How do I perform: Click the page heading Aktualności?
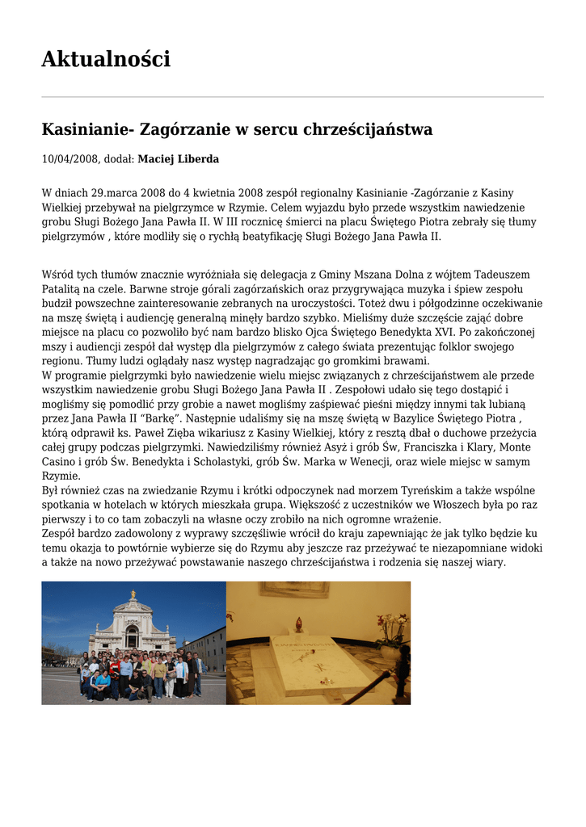106,60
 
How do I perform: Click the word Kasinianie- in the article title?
88,129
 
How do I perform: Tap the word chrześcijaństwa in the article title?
369,129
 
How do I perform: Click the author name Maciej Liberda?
178,159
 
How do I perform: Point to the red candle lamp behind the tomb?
297,625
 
